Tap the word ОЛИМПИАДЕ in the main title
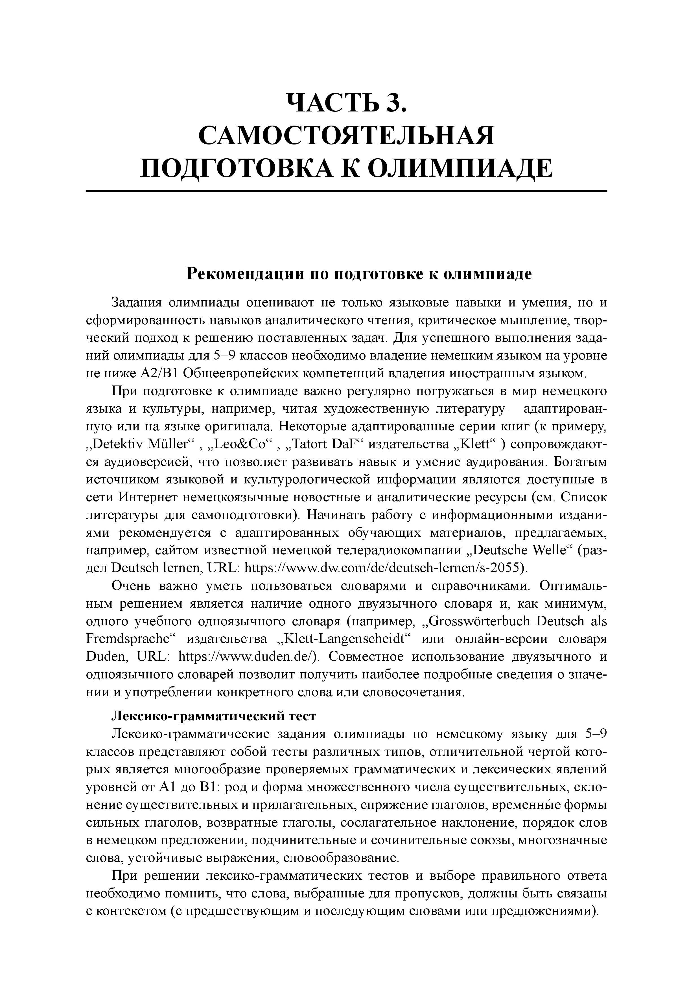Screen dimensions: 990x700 pos(461,168)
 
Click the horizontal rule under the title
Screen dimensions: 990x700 pos(346,190)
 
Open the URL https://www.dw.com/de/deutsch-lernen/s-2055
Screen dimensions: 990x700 pos(384,568)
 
